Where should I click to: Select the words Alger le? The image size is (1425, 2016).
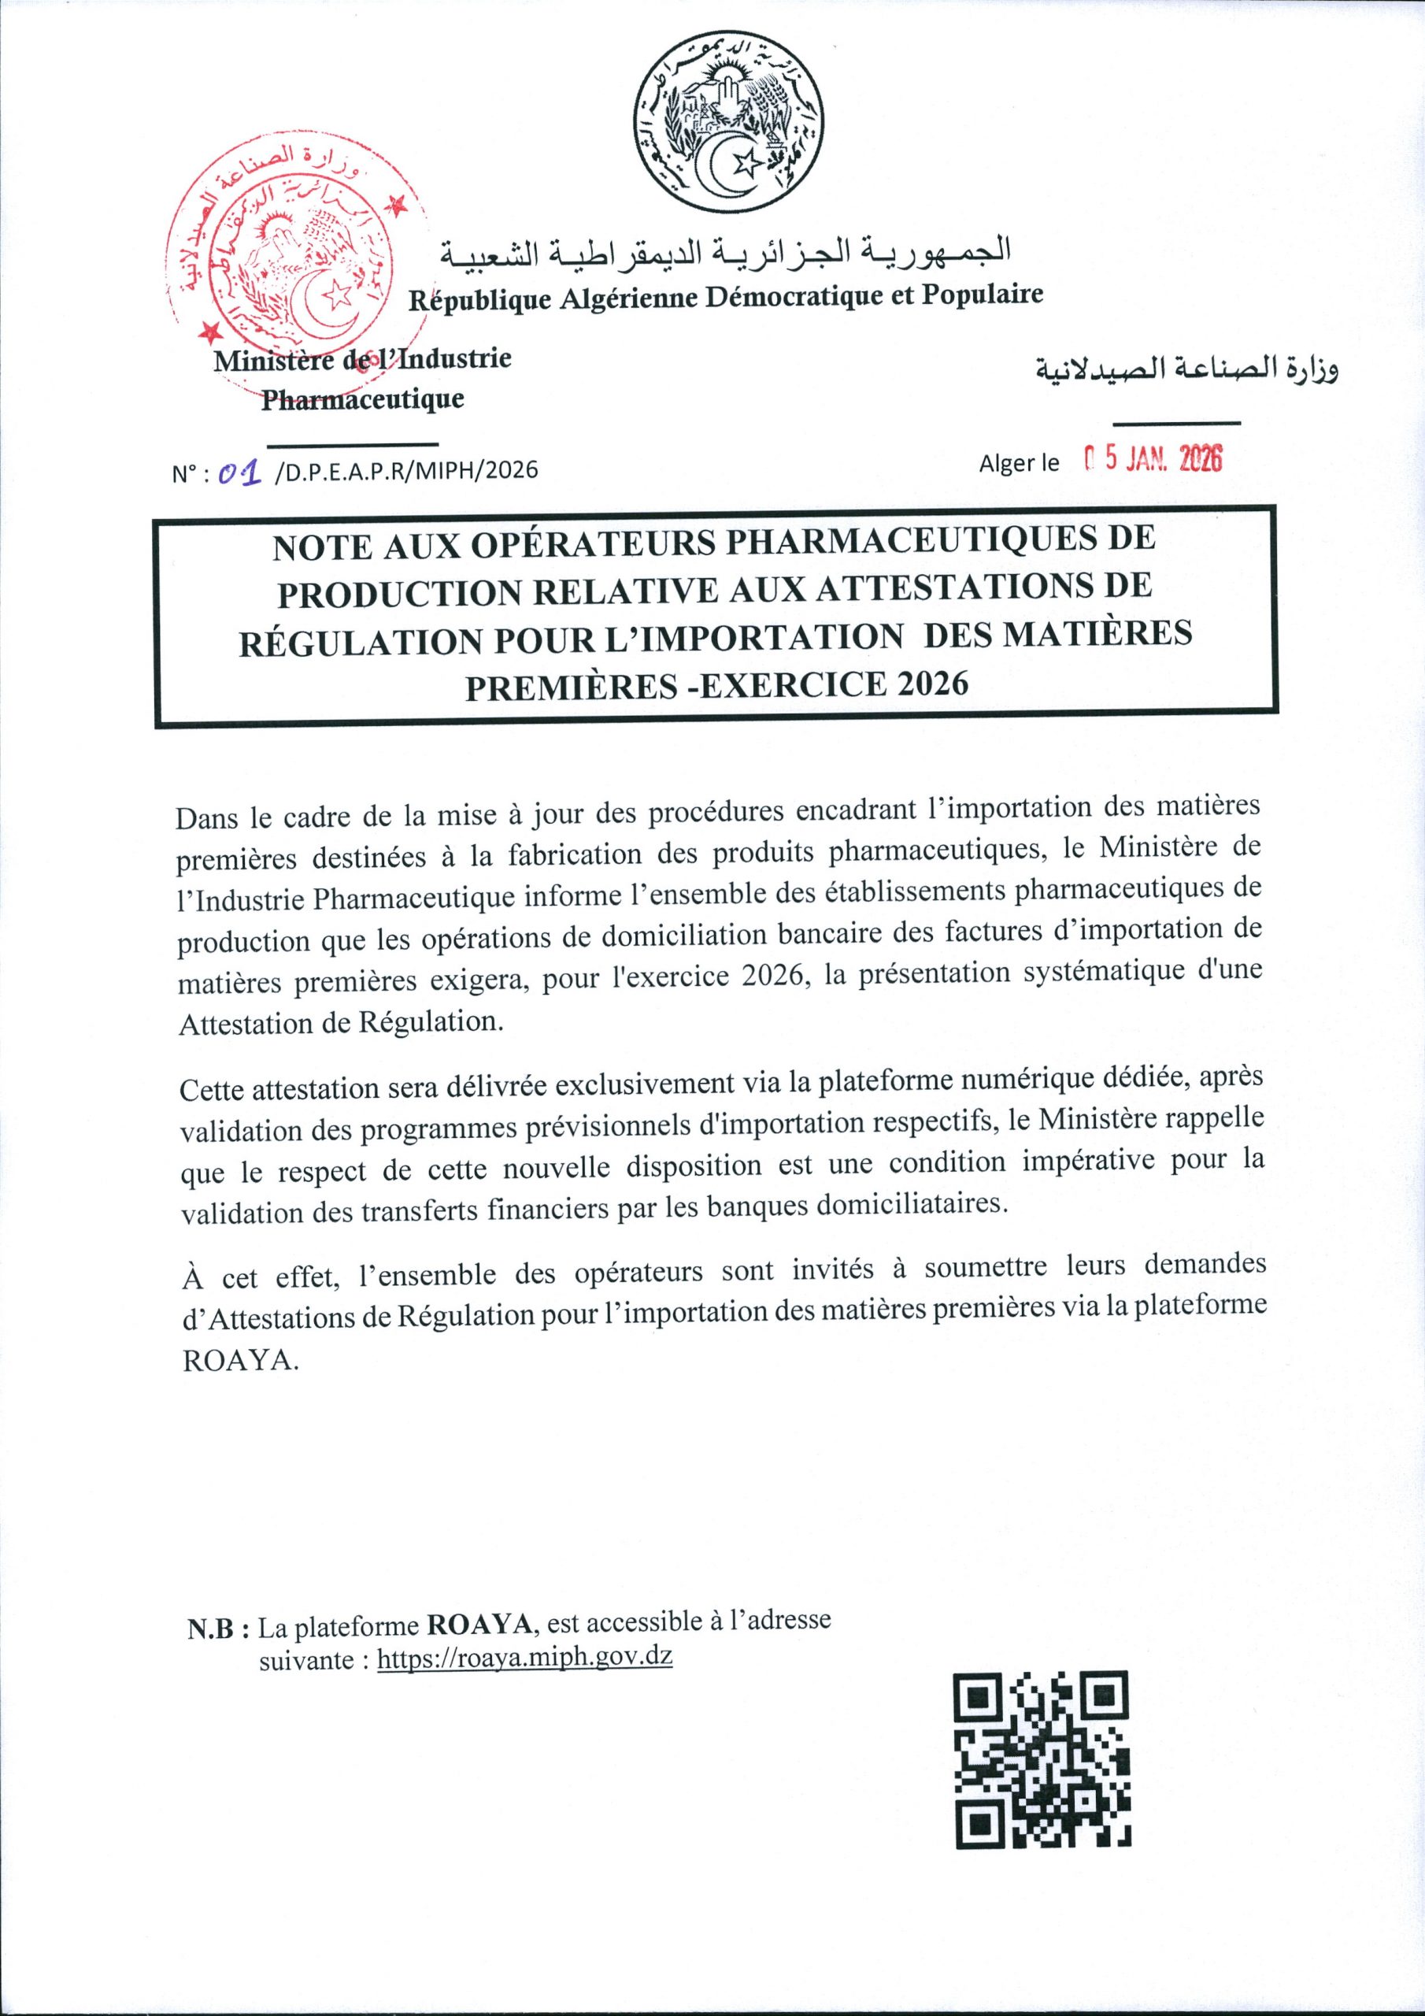(x=1020, y=463)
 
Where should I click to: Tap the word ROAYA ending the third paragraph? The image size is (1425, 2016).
(x=235, y=1360)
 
